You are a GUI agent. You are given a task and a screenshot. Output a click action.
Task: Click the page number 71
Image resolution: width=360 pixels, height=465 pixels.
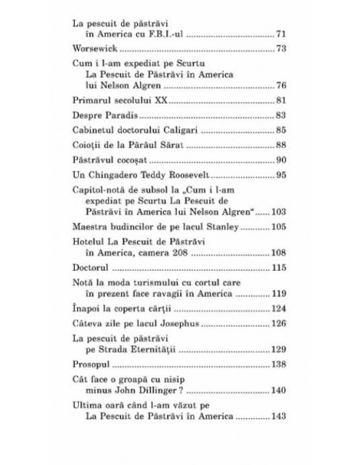point(281,37)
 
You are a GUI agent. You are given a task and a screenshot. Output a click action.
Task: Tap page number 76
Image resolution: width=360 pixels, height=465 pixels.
point(281,84)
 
